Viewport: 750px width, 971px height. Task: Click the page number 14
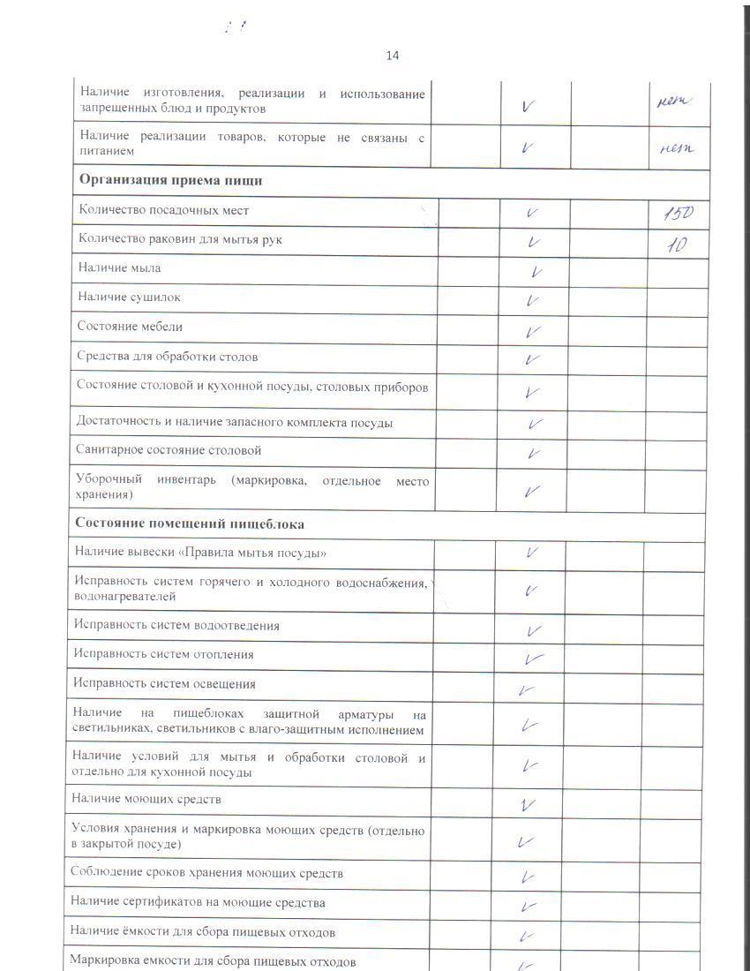[x=393, y=56]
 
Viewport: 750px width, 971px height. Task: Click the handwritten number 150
[x=678, y=213]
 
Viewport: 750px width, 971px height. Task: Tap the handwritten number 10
[x=677, y=244]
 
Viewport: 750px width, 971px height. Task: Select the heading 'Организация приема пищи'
[x=171, y=180]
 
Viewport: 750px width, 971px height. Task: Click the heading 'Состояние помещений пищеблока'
[x=190, y=523]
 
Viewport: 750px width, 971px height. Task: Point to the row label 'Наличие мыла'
[x=119, y=267]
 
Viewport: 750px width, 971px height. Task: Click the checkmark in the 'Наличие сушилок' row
[x=532, y=301]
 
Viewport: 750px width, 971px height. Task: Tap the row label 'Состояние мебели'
[x=130, y=327]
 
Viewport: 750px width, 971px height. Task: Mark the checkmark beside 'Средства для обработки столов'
[x=531, y=360]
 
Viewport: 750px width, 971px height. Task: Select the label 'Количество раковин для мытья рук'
[x=181, y=239]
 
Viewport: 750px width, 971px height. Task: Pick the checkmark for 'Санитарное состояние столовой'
[x=532, y=453]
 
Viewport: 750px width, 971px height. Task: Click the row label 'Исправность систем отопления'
[x=164, y=654]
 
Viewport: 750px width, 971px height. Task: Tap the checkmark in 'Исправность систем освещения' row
[x=528, y=689]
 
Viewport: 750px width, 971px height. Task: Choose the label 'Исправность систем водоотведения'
[x=176, y=625]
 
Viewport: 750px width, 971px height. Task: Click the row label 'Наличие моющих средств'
[x=146, y=799]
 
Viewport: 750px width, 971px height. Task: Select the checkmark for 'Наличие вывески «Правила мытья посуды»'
[x=532, y=553]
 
